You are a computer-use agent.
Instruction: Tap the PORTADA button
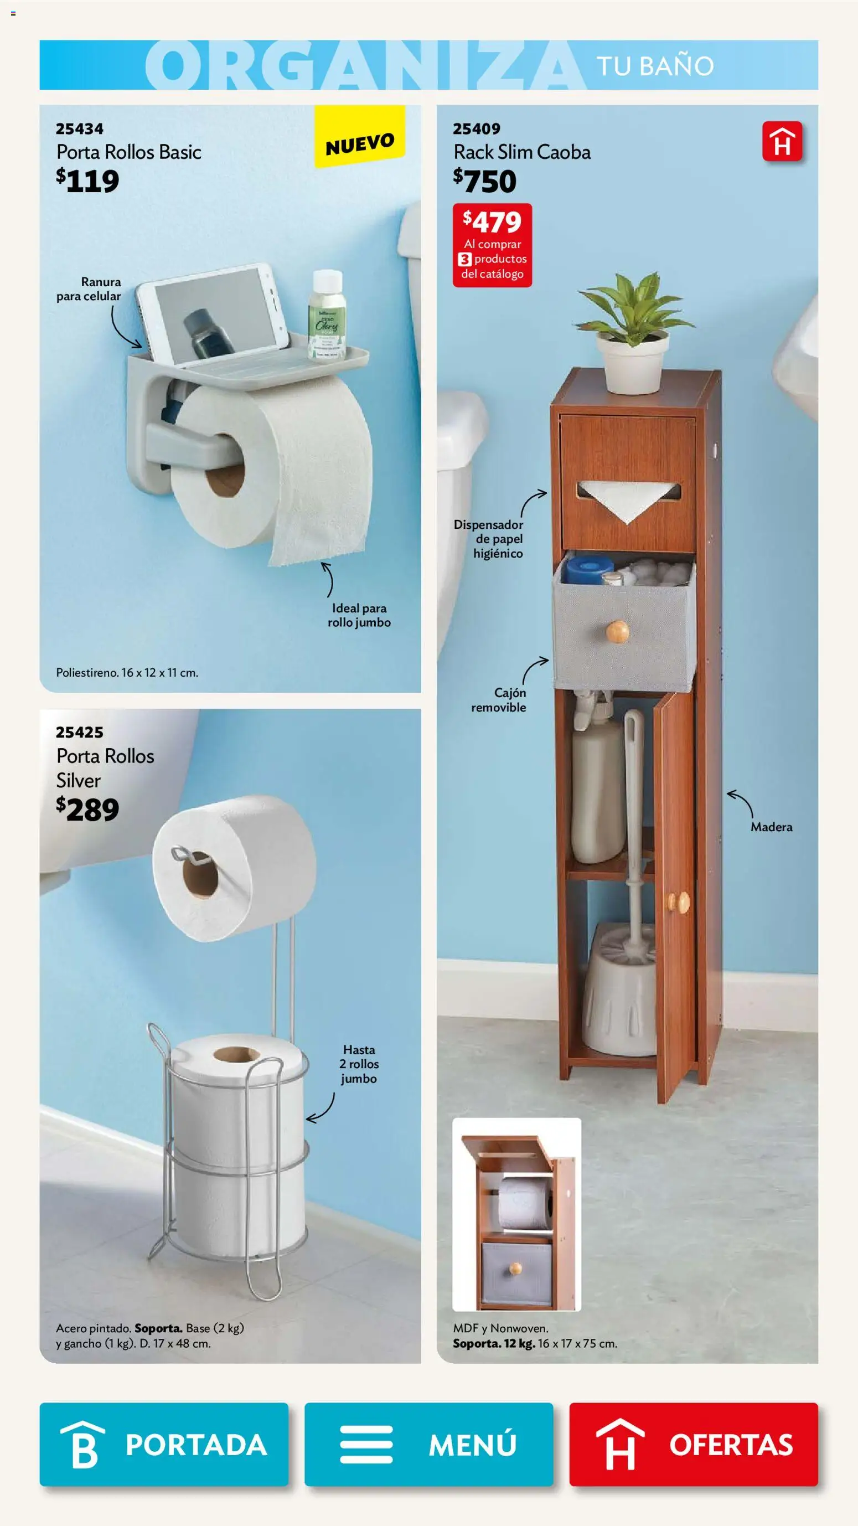164,1444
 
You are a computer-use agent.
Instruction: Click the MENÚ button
428,1444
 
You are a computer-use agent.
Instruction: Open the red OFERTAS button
694,1444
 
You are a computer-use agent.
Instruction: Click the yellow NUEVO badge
359,136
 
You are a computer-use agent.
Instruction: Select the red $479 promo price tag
492,245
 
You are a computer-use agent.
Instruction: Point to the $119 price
87,181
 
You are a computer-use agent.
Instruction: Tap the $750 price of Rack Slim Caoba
485,181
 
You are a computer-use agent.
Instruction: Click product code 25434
79,128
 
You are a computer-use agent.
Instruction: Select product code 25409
477,128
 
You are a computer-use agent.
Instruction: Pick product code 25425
79,732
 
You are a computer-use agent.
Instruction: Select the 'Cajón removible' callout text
499,700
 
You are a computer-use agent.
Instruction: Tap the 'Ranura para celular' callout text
89,289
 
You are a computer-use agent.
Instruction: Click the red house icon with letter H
782,142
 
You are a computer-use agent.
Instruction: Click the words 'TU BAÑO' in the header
655,66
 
